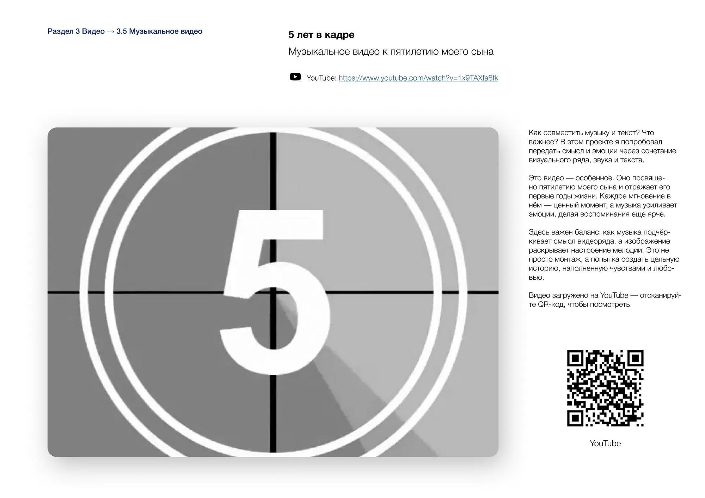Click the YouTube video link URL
pyautogui.click(x=418, y=78)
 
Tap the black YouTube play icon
pyautogui.click(x=295, y=77)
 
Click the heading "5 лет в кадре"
pyautogui.click(x=321, y=35)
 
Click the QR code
pyautogui.click(x=605, y=388)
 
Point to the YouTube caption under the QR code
pyautogui.click(x=605, y=443)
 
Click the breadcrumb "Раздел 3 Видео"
pyautogui.click(x=76, y=31)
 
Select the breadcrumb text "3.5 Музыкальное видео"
pyautogui.click(x=159, y=31)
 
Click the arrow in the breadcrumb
pyautogui.click(x=110, y=32)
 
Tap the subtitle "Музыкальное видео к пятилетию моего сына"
pyautogui.click(x=391, y=52)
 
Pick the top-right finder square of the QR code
pyautogui.click(x=636, y=358)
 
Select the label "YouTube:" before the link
pyautogui.click(x=321, y=78)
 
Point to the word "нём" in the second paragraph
pyautogui.click(x=535, y=205)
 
